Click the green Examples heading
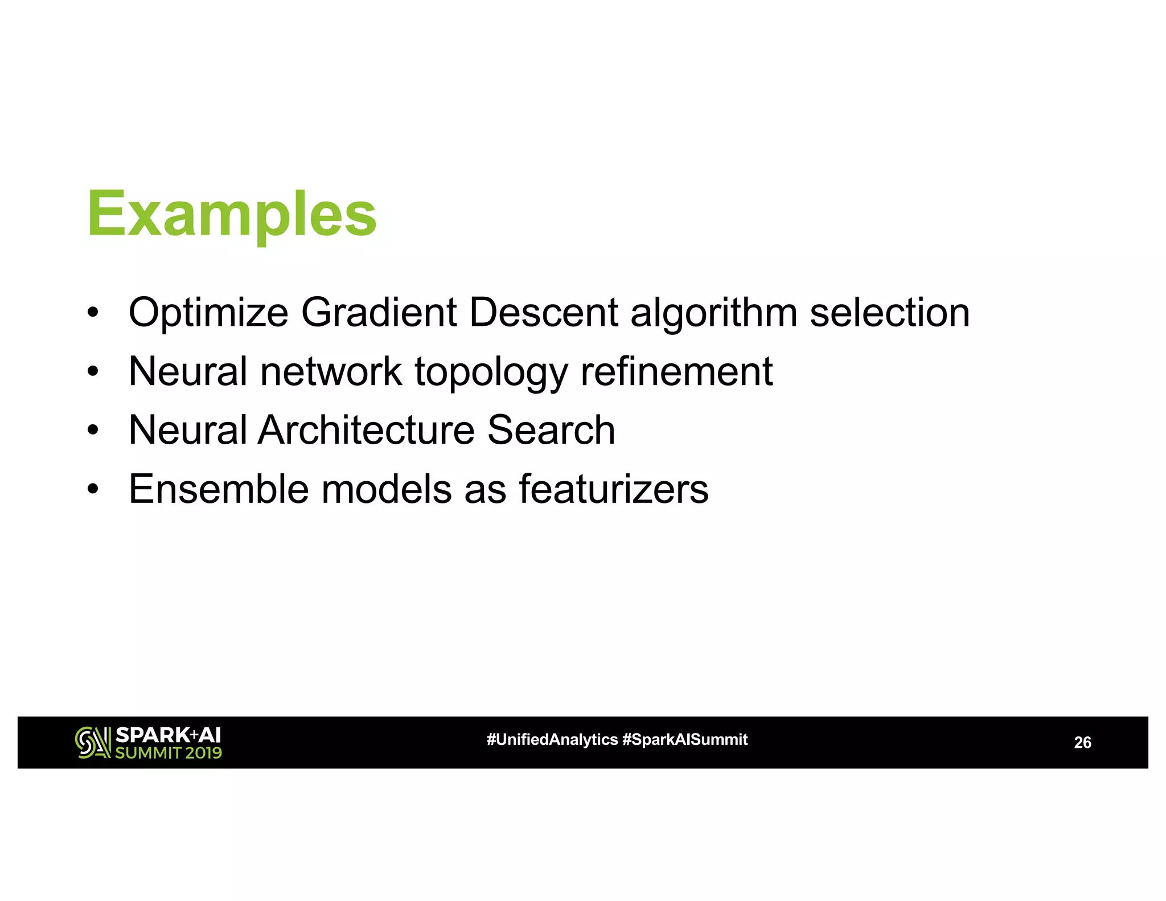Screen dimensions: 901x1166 [x=232, y=215]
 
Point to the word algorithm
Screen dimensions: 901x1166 [x=713, y=314]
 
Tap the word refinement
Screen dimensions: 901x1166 [x=676, y=371]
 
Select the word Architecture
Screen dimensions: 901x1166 [x=366, y=430]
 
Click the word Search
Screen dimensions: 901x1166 [x=551, y=430]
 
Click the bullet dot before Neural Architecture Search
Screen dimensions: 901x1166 [x=93, y=431]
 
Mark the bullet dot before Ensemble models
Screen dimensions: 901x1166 [x=93, y=490]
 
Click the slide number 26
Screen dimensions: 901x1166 [x=1082, y=743]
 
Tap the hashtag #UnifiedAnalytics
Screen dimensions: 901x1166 [x=552, y=739]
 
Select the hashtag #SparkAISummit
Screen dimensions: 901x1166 [x=685, y=739]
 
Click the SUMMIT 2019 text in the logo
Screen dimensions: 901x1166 [x=168, y=753]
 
